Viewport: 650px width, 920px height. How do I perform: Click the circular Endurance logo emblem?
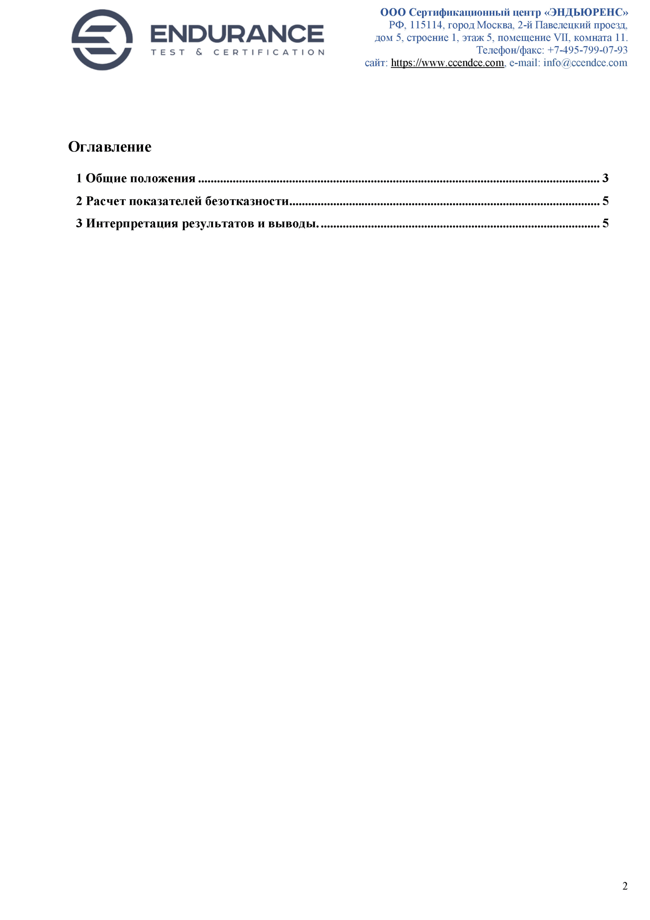click(x=102, y=40)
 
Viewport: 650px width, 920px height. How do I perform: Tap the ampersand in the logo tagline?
click(x=199, y=52)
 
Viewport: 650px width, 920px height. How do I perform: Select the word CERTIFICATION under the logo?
click(x=269, y=53)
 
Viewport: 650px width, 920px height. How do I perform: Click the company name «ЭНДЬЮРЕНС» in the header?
click(x=586, y=13)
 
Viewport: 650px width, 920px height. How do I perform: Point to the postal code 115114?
click(x=426, y=25)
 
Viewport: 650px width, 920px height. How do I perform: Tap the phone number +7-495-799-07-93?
click(x=587, y=50)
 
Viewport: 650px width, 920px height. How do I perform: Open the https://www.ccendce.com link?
click(x=447, y=63)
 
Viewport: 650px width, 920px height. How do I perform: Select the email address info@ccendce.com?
click(x=585, y=63)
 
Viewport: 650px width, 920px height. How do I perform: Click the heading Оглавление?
click(x=110, y=147)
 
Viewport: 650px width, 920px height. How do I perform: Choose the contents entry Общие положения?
click(x=140, y=178)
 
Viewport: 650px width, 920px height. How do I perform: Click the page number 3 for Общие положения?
click(x=605, y=178)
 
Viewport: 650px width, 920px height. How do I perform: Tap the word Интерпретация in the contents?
click(x=132, y=223)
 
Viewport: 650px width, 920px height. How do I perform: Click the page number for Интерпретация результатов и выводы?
click(x=605, y=223)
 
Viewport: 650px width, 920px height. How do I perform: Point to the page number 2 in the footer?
click(x=625, y=886)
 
